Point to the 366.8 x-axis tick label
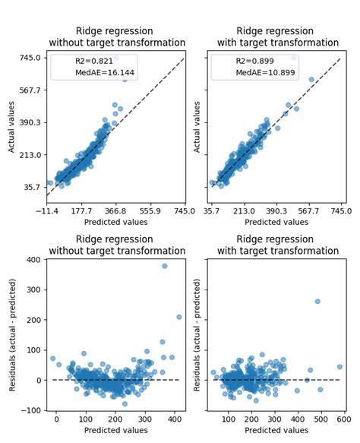pyautogui.click(x=115, y=212)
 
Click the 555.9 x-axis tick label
pyautogui.click(x=150, y=212)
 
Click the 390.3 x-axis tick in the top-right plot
pyautogui.click(x=276, y=212)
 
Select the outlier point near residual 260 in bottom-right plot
pyautogui.click(x=317, y=302)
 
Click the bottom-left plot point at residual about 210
pyautogui.click(x=179, y=317)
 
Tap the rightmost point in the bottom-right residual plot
pyautogui.click(x=339, y=366)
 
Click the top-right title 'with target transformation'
pyautogui.click(x=277, y=43)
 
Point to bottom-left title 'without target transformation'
pyautogui.click(x=116, y=251)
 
